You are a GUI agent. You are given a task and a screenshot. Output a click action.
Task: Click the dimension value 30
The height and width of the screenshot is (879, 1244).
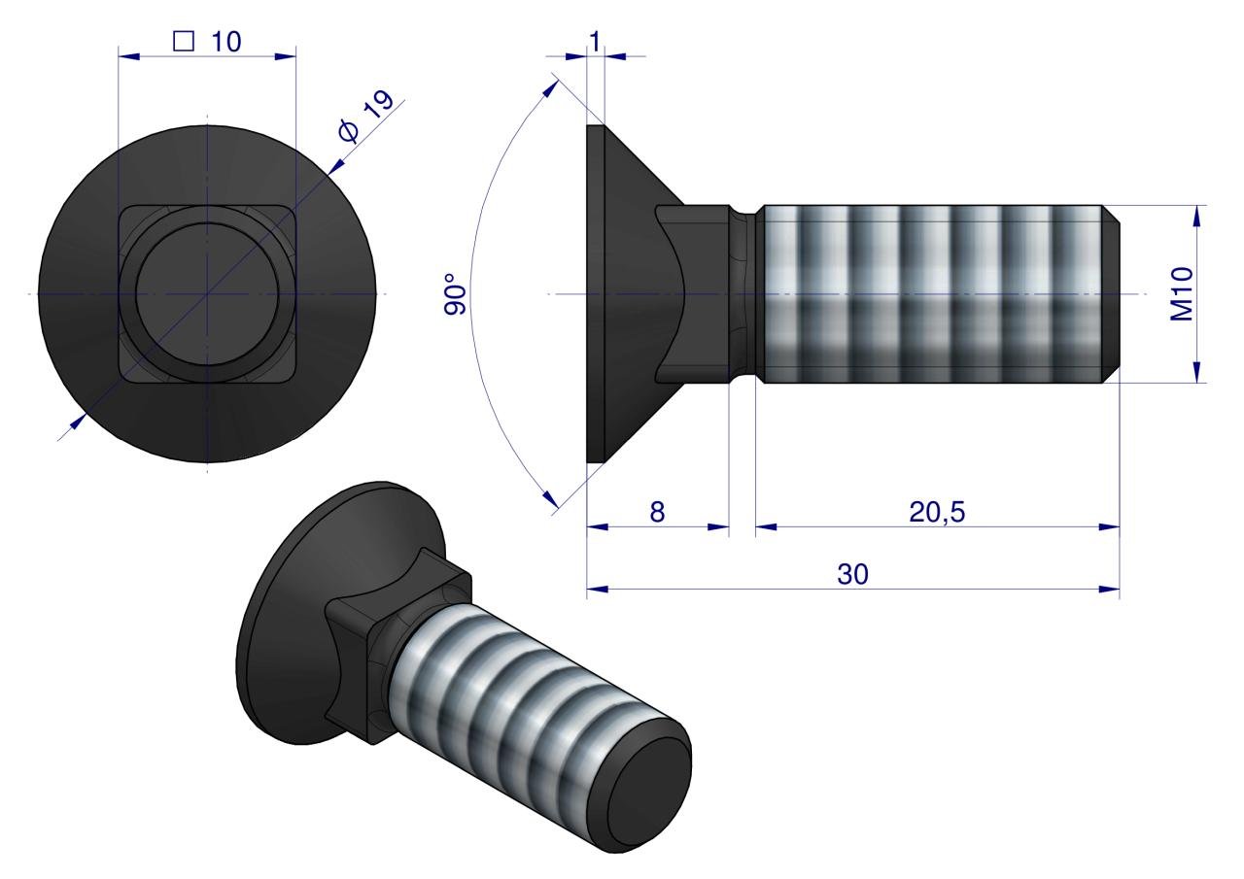852,574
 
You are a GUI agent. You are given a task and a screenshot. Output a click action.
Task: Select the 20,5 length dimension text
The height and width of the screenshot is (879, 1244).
937,512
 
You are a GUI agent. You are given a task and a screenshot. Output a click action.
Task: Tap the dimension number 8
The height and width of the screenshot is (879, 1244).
657,512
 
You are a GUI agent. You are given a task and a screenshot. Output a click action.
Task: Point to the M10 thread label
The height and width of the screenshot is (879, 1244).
1182,293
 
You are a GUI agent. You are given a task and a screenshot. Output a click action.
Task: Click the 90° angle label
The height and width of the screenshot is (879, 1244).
456,294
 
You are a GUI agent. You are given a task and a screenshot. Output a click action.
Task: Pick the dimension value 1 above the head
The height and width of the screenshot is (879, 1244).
595,42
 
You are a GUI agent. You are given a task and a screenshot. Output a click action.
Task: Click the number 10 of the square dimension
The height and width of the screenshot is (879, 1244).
226,42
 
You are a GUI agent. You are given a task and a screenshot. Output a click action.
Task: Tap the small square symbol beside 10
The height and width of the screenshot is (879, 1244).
184,41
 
